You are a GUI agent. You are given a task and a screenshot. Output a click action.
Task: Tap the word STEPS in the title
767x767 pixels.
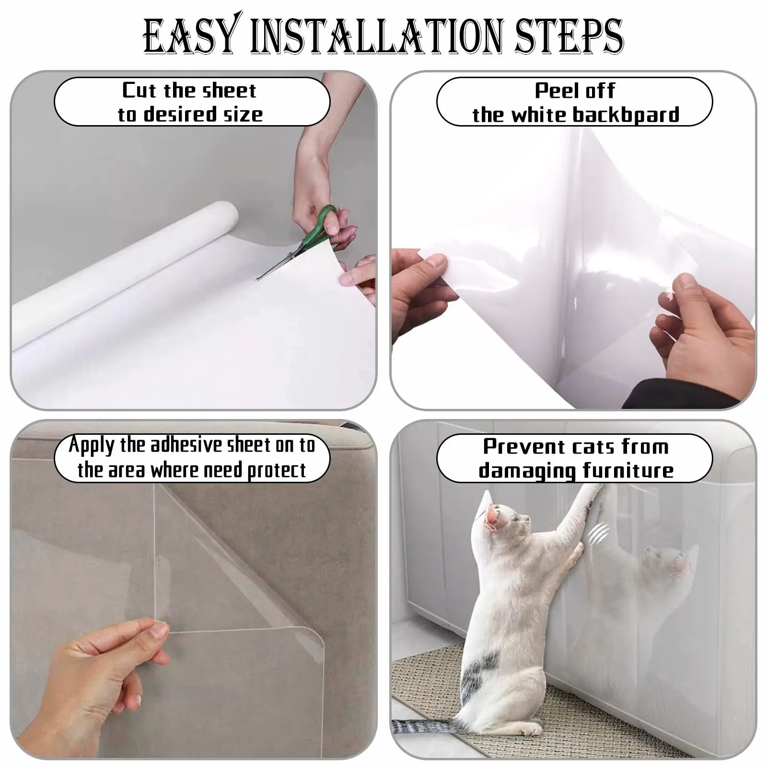(569, 36)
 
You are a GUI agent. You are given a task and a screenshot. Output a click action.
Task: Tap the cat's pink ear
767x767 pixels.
(492, 516)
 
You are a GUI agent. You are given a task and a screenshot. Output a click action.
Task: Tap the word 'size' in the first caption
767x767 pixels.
(242, 114)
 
